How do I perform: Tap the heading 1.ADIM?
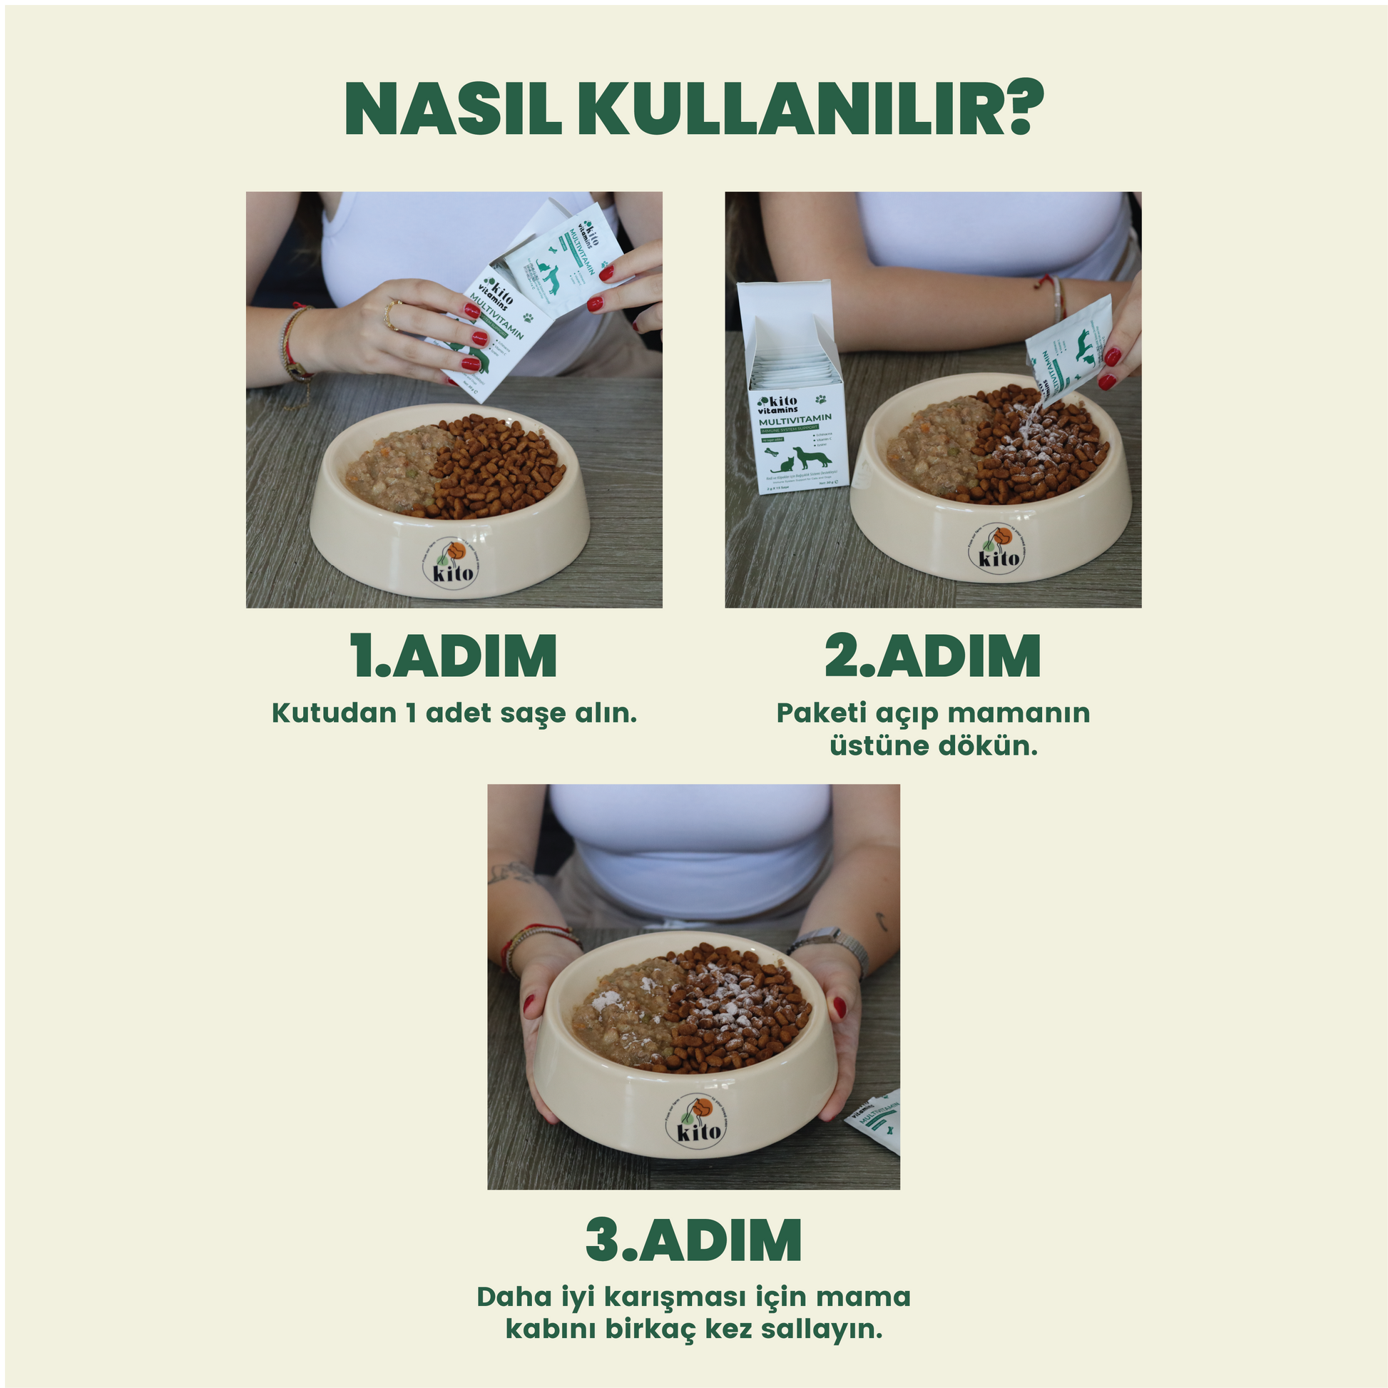tap(454, 656)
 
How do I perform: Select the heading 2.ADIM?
tap(932, 656)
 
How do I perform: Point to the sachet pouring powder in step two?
tap(1068, 352)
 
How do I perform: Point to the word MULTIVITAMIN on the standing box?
tap(795, 418)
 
